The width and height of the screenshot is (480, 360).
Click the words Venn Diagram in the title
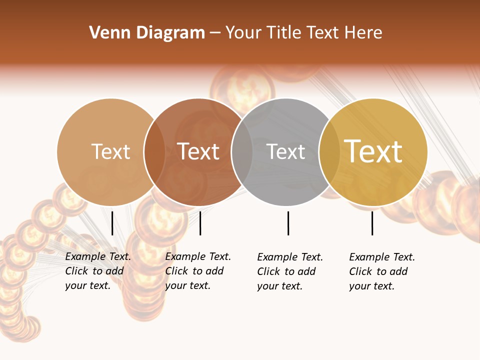(147, 33)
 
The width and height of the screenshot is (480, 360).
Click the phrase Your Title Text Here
(303, 33)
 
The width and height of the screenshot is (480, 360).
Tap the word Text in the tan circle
(110, 151)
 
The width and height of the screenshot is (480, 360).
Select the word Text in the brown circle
(198, 151)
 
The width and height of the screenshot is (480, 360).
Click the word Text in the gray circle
(285, 151)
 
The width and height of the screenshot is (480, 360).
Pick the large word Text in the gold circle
(373, 151)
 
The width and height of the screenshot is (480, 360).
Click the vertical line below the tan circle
(112, 223)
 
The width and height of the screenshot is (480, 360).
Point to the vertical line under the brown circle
(200, 223)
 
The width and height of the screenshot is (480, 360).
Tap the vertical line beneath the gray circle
(288, 223)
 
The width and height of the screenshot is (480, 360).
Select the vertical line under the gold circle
(372, 223)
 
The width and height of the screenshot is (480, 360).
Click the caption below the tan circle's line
(97, 271)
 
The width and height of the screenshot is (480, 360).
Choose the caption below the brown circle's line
(197, 271)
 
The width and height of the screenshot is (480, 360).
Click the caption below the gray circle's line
(289, 271)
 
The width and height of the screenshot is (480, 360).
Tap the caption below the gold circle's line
(381, 271)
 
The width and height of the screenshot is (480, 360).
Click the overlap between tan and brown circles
(154, 152)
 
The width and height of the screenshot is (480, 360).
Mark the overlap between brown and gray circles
(242, 152)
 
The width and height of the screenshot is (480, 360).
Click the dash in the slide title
(215, 33)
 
